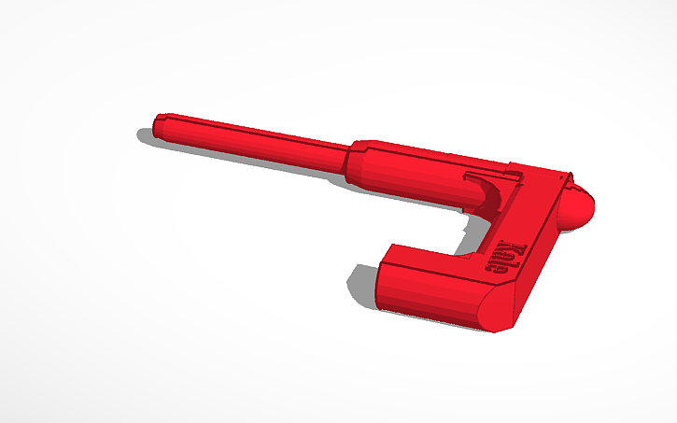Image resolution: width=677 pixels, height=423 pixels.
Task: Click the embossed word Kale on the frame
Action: click(506, 259)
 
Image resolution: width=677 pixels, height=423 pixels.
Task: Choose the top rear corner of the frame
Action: click(567, 176)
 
